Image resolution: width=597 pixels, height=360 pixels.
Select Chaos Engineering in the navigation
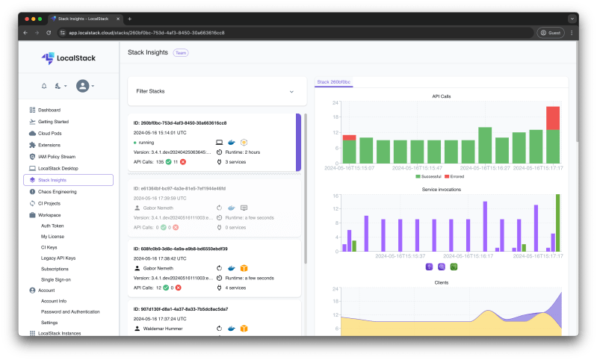[58, 191]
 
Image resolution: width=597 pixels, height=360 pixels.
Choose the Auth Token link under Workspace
[52, 225]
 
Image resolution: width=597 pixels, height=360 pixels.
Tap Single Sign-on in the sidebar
[56, 279]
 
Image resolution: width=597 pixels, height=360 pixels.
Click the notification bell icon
[44, 86]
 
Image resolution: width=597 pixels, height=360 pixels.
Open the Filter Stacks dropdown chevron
[291, 91]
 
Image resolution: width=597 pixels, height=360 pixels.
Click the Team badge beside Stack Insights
[181, 53]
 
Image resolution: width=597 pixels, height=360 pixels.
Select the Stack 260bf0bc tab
[333, 81]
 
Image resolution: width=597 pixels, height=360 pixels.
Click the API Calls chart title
[441, 96]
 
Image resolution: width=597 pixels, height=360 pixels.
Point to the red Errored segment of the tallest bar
[553, 118]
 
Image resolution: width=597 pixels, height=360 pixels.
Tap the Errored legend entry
[456, 176]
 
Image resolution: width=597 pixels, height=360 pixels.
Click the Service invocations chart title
[441, 189]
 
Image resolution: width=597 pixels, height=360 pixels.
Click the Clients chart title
[441, 282]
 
